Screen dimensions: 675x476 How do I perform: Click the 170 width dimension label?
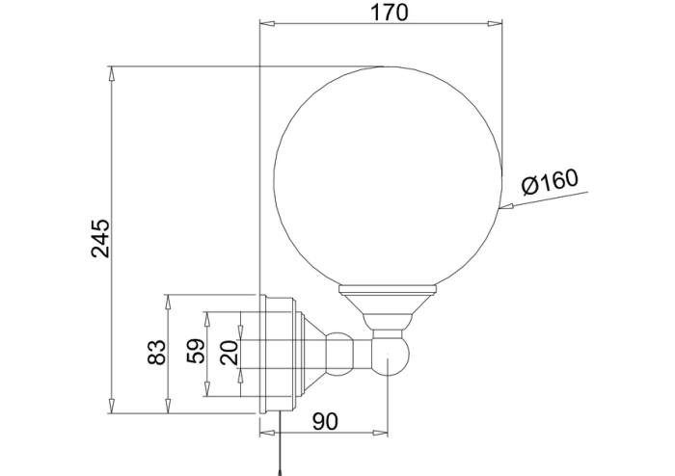[389, 13]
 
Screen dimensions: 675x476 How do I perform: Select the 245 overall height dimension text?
[100, 239]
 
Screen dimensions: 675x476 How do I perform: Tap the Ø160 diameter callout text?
[550, 182]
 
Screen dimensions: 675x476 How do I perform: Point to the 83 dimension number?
[156, 353]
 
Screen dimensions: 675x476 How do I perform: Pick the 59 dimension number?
[196, 352]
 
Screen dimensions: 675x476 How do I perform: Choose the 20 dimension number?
[229, 353]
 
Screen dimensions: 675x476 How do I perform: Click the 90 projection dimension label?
[325, 421]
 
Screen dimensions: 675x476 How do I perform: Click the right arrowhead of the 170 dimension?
[494, 23]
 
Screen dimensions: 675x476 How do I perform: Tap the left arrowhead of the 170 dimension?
[267, 23]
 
